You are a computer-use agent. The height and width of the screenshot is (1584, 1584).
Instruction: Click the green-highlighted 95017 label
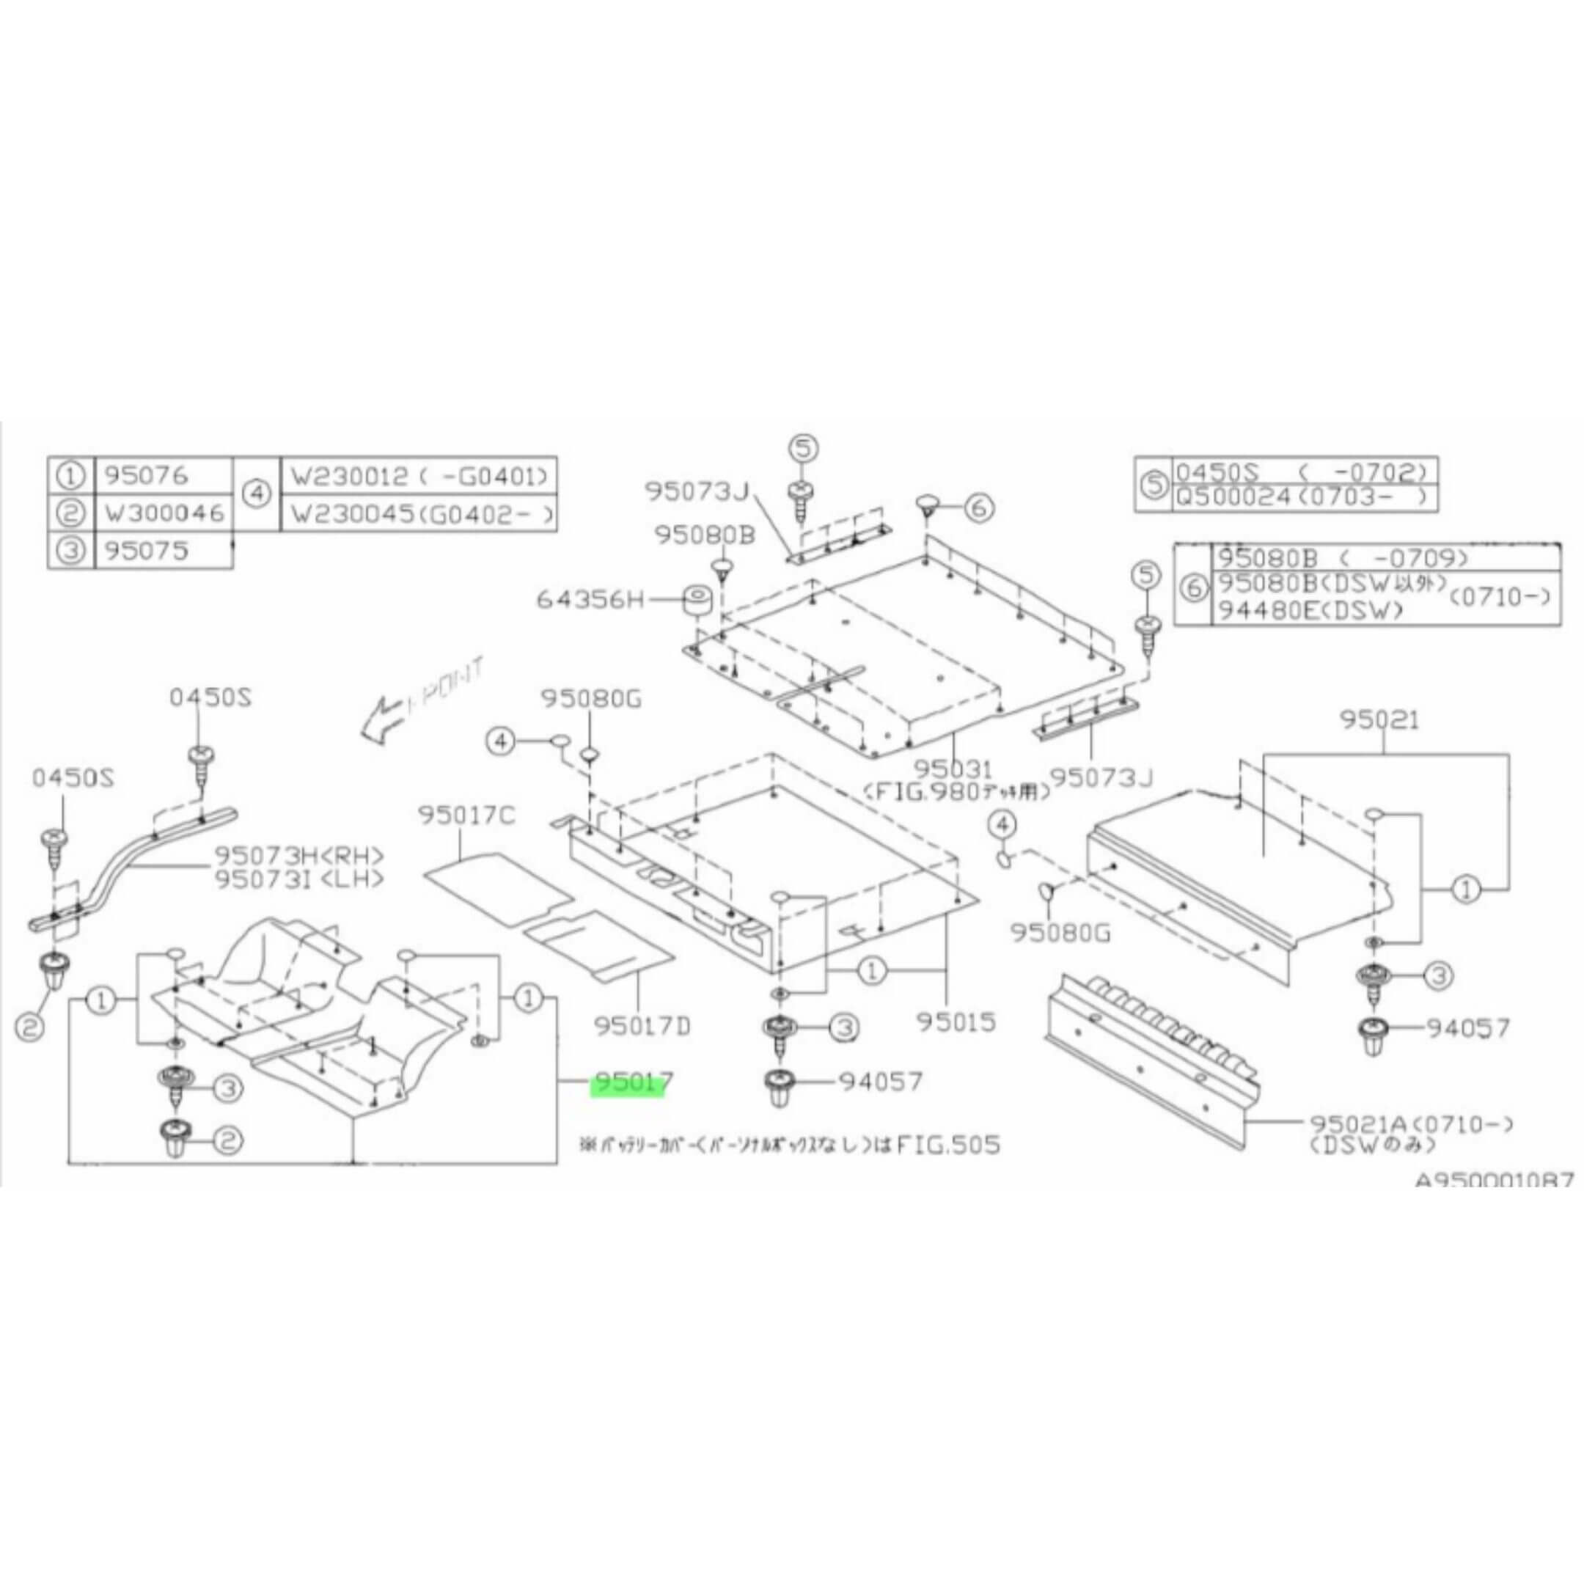point(632,1084)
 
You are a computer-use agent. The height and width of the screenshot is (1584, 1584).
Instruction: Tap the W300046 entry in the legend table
point(164,513)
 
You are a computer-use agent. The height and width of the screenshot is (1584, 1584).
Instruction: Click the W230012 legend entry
point(418,474)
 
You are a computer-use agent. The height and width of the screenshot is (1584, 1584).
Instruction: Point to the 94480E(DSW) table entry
point(1308,609)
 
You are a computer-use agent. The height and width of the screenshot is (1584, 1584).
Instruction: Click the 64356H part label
point(590,600)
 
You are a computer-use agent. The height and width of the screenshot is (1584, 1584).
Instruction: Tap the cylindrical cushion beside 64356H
point(700,601)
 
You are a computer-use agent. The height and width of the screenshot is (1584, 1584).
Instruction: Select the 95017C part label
point(466,815)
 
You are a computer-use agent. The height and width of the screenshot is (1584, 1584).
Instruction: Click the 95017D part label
point(644,1026)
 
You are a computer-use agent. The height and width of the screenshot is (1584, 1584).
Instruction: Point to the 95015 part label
point(956,1022)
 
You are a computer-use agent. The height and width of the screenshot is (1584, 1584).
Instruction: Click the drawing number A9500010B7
point(1494,1180)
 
